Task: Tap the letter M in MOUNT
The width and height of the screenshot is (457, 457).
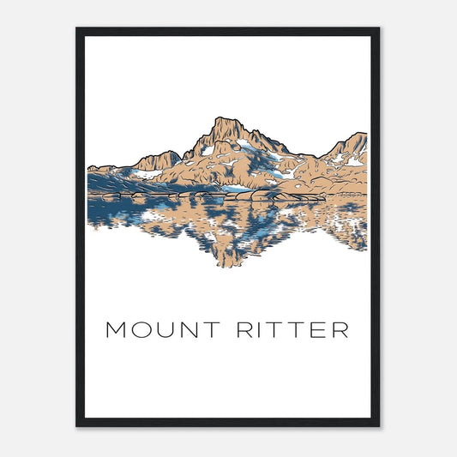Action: [116, 330]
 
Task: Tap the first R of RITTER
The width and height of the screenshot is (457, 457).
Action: [240, 330]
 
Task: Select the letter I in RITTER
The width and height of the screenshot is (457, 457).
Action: [256, 330]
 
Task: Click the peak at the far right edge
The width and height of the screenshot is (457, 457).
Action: [361, 135]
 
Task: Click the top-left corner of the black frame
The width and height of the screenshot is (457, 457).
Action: [77, 29]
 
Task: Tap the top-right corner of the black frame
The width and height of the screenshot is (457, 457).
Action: [378, 29]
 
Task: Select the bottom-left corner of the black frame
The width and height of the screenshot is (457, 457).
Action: [77, 425]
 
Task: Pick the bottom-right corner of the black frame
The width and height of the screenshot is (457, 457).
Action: [378, 425]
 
